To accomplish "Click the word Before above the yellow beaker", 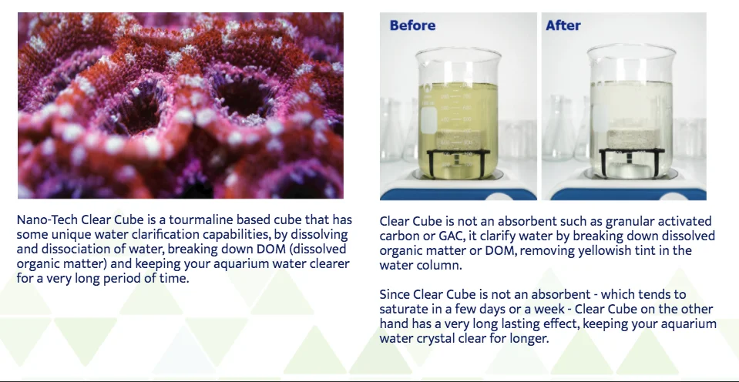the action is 412,25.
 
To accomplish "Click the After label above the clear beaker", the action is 563,25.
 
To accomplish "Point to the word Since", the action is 395,295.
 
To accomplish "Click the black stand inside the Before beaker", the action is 458,162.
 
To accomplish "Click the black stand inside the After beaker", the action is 631,160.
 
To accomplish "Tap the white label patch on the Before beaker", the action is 429,120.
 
